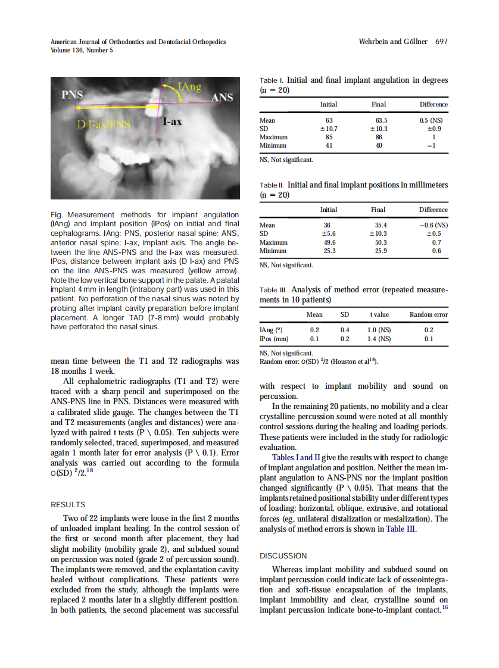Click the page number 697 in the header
[x=441, y=42]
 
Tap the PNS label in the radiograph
[x=73, y=94]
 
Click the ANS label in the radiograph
[x=222, y=97]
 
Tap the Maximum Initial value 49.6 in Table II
[x=328, y=242]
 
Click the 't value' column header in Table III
[x=379, y=314]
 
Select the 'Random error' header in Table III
[x=428, y=314]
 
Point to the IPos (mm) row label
[x=274, y=339]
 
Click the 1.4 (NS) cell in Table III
[x=379, y=339]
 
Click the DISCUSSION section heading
[x=283, y=555]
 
